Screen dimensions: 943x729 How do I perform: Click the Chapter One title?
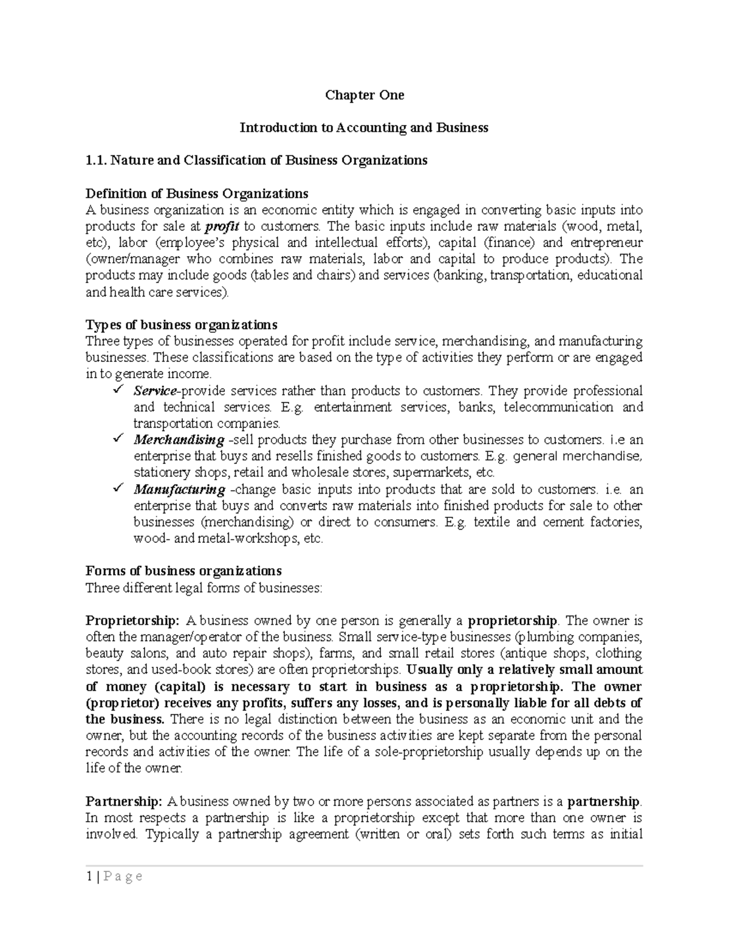pyautogui.click(x=364, y=95)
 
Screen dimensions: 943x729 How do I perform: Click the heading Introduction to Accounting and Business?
pyautogui.click(x=364, y=128)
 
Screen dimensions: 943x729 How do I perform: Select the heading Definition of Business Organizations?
pyautogui.click(x=197, y=194)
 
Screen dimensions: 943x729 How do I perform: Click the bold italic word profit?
pyautogui.click(x=222, y=227)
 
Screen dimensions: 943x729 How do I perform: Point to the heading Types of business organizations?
pyautogui.click(x=182, y=325)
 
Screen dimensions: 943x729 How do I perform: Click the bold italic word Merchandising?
pyautogui.click(x=179, y=440)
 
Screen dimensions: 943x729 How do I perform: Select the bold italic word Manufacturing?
pyautogui.click(x=179, y=489)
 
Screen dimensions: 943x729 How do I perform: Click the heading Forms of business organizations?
pyautogui.click(x=183, y=571)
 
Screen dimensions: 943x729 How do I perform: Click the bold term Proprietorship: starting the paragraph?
pyautogui.click(x=132, y=621)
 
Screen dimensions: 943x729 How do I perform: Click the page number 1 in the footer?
pyautogui.click(x=89, y=876)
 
